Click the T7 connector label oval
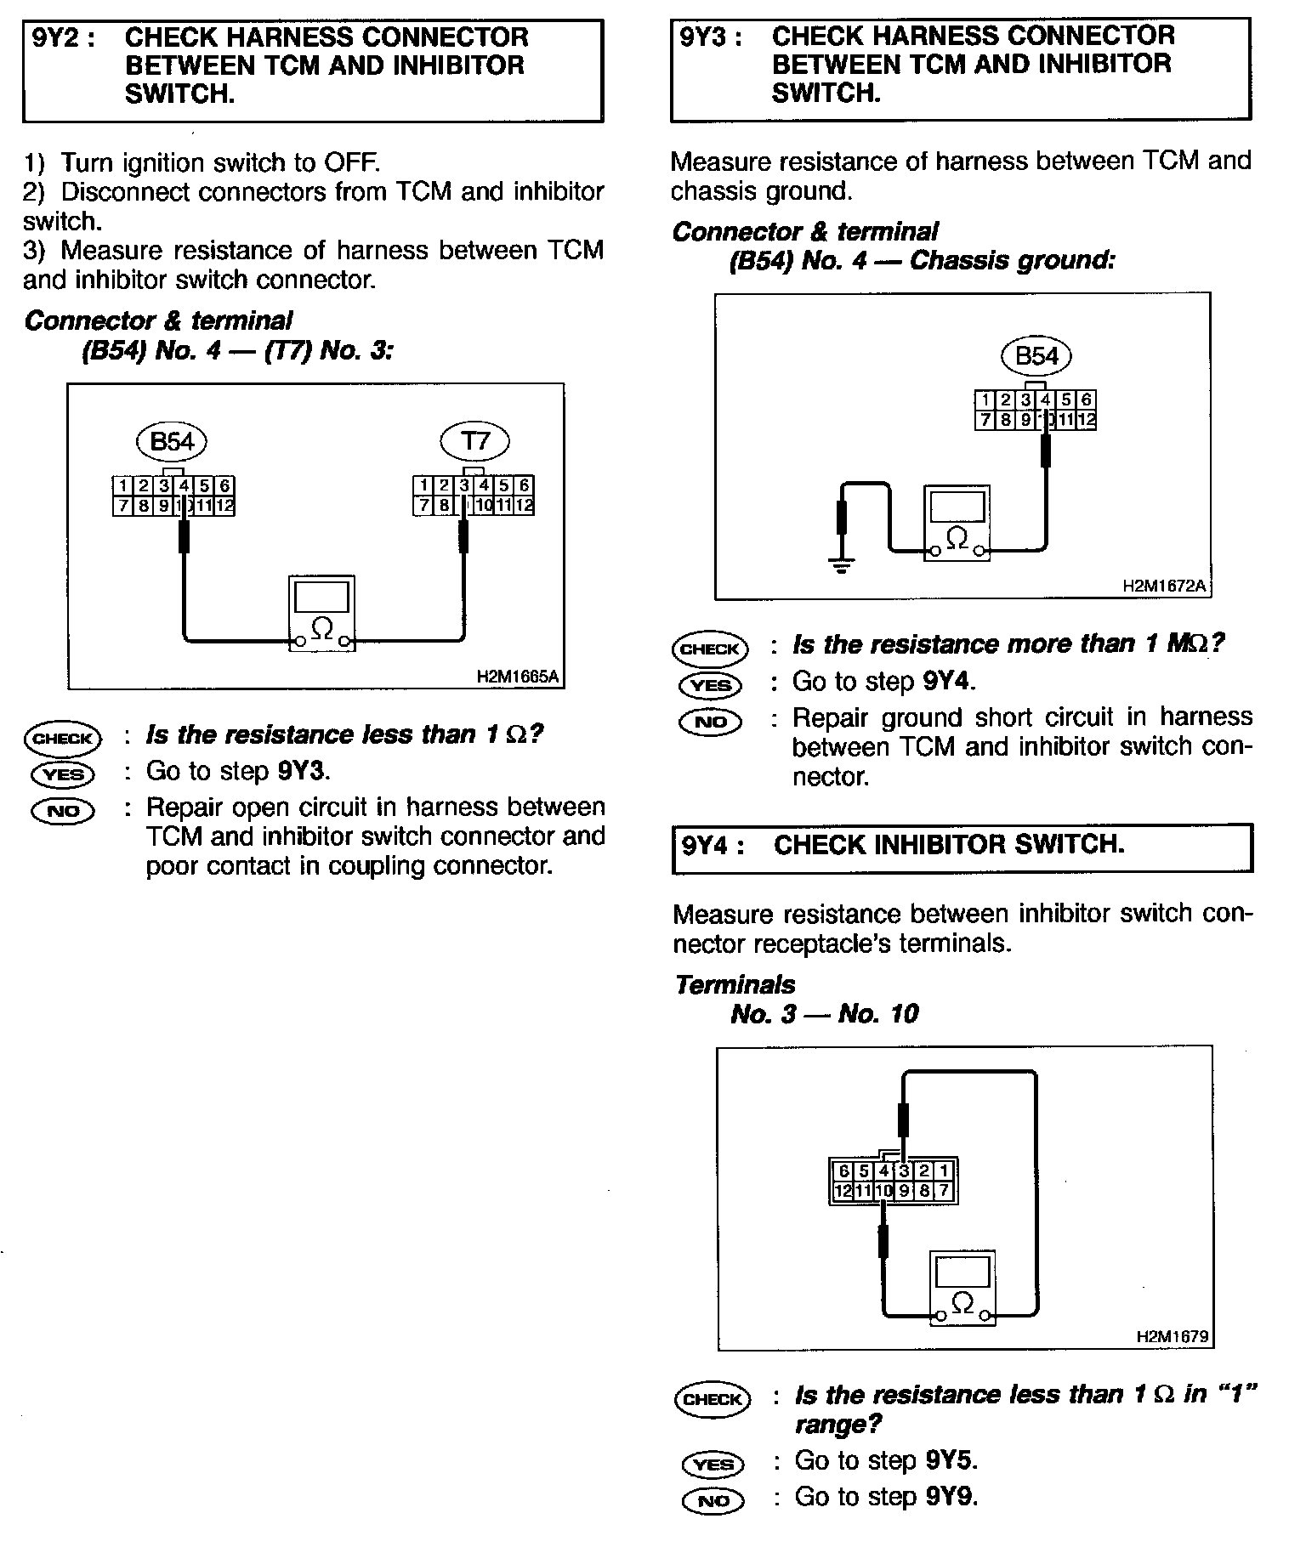pyautogui.click(x=474, y=441)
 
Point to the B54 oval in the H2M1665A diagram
pyautogui.click(x=172, y=441)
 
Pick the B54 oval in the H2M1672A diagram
pyautogui.click(x=1036, y=355)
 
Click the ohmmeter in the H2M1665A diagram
pyautogui.click(x=321, y=614)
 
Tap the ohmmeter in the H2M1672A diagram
pyautogui.click(x=957, y=523)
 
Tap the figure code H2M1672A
pyautogui.click(x=1162, y=586)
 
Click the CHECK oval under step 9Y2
pyautogui.click(x=62, y=739)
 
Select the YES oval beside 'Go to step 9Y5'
pyautogui.click(x=713, y=1464)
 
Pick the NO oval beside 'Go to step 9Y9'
pyautogui.click(x=713, y=1500)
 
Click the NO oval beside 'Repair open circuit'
pyautogui.click(x=62, y=811)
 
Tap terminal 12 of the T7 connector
pyautogui.click(x=525, y=507)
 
